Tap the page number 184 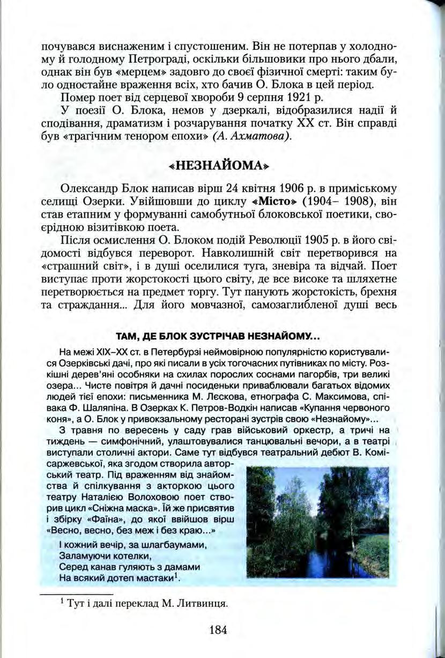pos(219,630)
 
